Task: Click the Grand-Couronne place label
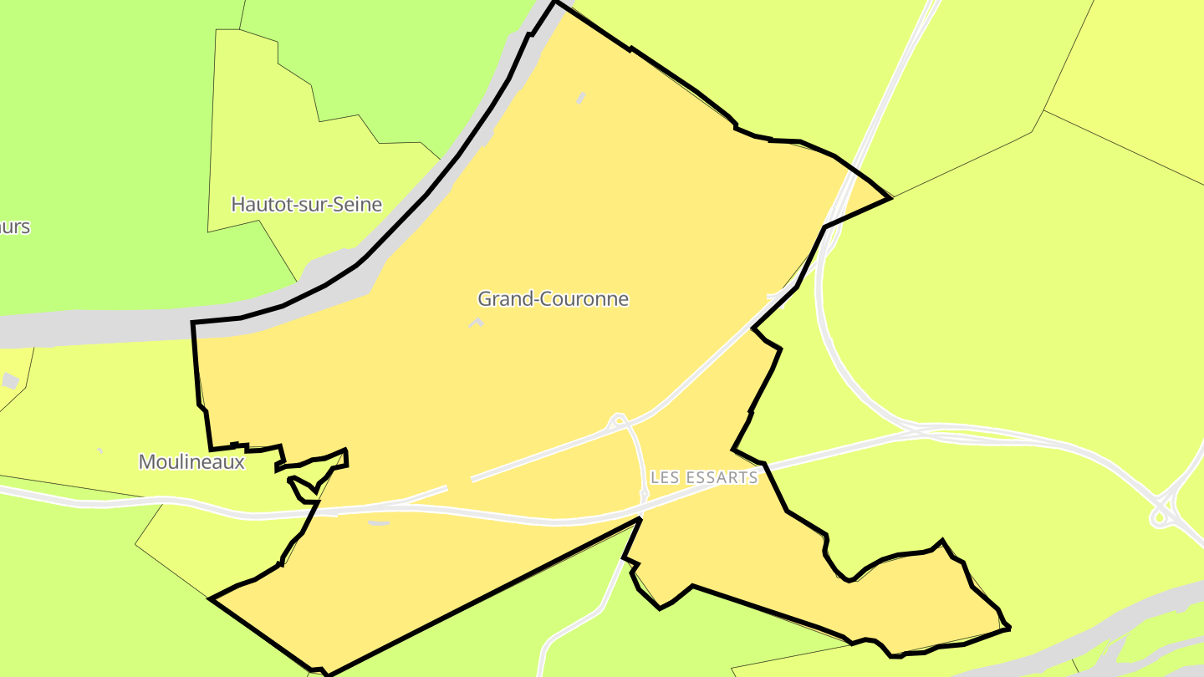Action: pyautogui.click(x=553, y=299)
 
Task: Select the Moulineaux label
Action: pyautogui.click(x=191, y=461)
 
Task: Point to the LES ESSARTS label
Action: pyautogui.click(x=704, y=477)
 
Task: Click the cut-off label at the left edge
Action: pyautogui.click(x=14, y=227)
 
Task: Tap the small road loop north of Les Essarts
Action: pyautogui.click(x=619, y=419)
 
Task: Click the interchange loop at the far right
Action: pyautogui.click(x=1160, y=518)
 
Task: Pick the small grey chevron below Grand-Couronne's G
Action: pyautogui.click(x=477, y=321)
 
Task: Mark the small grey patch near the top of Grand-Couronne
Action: pyautogui.click(x=580, y=99)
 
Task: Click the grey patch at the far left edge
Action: pyautogui.click(x=10, y=380)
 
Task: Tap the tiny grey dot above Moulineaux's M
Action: pyautogui.click(x=99, y=450)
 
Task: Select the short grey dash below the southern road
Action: pyautogui.click(x=379, y=523)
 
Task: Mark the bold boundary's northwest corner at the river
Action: pyautogui.click(x=193, y=323)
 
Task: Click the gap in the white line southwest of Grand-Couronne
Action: pyautogui.click(x=459, y=482)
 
